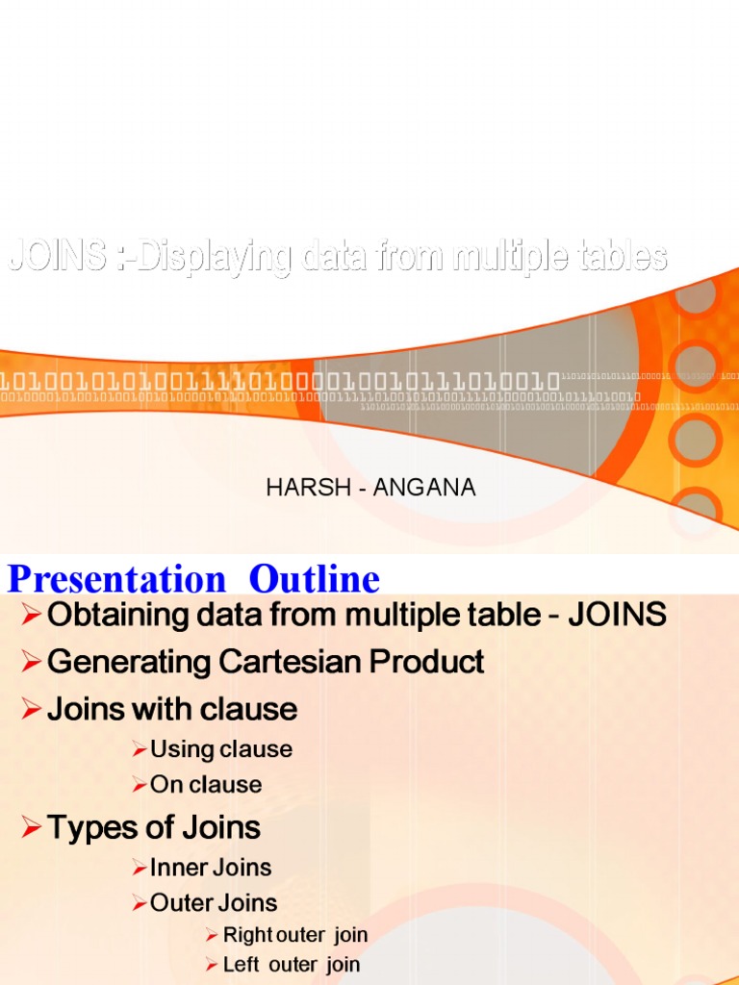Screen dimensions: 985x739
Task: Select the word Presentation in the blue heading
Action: pyautogui.click(x=116, y=580)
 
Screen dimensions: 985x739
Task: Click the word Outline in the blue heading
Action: pyautogui.click(x=315, y=580)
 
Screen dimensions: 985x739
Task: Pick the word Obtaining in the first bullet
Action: pyautogui.click(x=106, y=616)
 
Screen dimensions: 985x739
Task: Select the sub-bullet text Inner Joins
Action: pyautogui.click(x=211, y=868)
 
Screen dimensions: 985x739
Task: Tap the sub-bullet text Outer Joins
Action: pyautogui.click(x=214, y=903)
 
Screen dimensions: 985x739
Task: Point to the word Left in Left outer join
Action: pyautogui.click(x=241, y=965)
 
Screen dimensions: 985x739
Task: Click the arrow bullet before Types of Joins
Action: pyautogui.click(x=32, y=827)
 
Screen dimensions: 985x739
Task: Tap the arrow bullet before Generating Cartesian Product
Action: pyautogui.click(x=32, y=662)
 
